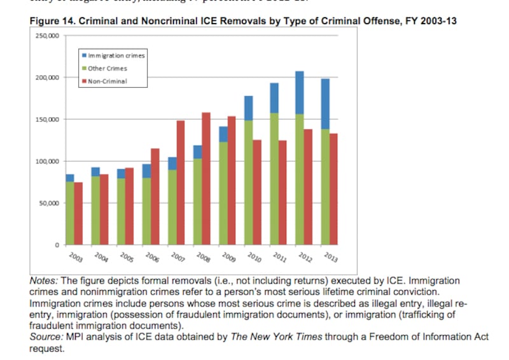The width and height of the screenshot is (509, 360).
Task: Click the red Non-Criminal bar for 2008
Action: click(206, 178)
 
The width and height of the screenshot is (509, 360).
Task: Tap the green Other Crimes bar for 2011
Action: click(274, 178)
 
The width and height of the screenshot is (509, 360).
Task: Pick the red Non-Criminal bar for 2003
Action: click(78, 213)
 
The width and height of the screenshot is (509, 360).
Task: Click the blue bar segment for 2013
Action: click(325, 104)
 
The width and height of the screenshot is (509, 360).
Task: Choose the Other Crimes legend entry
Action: click(107, 68)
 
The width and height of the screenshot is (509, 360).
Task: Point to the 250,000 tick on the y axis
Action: click(48, 36)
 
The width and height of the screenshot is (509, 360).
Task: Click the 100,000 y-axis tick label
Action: click(48, 162)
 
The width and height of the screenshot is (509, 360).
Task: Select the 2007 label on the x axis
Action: click(178, 259)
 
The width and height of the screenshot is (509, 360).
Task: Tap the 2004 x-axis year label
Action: click(101, 259)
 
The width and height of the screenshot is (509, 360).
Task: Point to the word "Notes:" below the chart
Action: click(45, 280)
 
